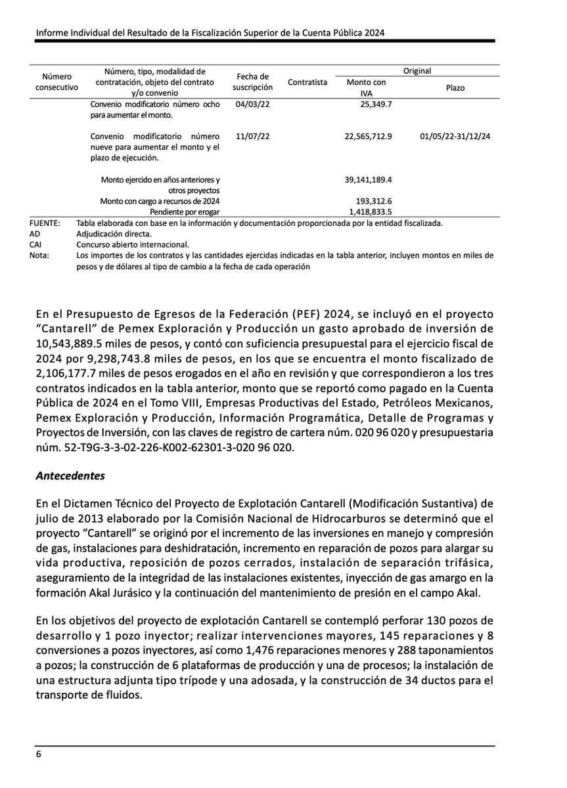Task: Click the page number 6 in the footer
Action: coord(39,755)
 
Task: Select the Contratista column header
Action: coord(307,82)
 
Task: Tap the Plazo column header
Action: coord(455,87)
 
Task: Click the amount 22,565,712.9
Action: coord(368,136)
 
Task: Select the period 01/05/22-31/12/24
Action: coord(455,136)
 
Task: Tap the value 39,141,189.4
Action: coord(368,179)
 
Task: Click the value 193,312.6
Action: coord(373,200)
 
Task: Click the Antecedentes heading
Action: coord(70,474)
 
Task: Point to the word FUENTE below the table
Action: coord(45,223)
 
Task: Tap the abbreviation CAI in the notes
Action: coord(36,244)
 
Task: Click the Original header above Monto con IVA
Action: coord(417,71)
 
